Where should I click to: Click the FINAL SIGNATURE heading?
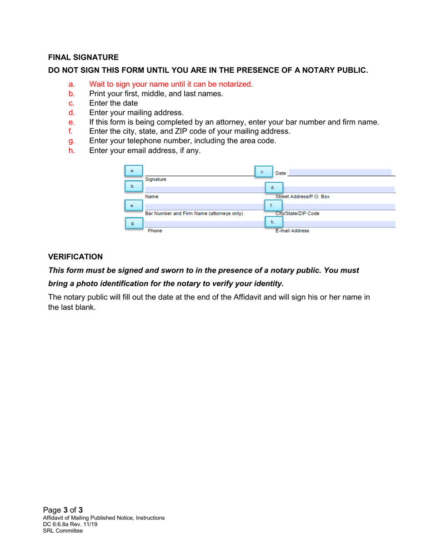pyautogui.click(x=83, y=57)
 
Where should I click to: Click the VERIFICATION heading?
pyautogui.click(x=75, y=257)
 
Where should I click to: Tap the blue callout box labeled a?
pyautogui.click(x=133, y=171)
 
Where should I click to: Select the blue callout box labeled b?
pyautogui.click(x=133, y=186)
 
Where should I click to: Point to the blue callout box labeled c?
pyautogui.click(x=262, y=172)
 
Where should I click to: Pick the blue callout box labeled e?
pyautogui.click(x=133, y=205)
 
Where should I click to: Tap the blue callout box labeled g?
pyautogui.click(x=133, y=224)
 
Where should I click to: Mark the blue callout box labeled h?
pyautogui.click(x=273, y=222)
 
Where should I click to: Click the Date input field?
pyautogui.click(x=339, y=173)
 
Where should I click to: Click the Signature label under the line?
pyautogui.click(x=156, y=180)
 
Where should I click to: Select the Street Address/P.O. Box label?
pyautogui.click(x=302, y=197)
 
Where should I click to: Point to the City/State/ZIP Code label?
pyautogui.click(x=297, y=213)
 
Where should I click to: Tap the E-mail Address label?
pyautogui.click(x=292, y=231)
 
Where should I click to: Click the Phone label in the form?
pyautogui.click(x=155, y=231)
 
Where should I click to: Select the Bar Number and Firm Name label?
pyautogui.click(x=194, y=213)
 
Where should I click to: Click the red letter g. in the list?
pyautogui.click(x=71, y=141)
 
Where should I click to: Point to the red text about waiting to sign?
pyautogui.click(x=171, y=84)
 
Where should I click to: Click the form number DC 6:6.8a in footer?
pyautogui.click(x=61, y=524)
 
